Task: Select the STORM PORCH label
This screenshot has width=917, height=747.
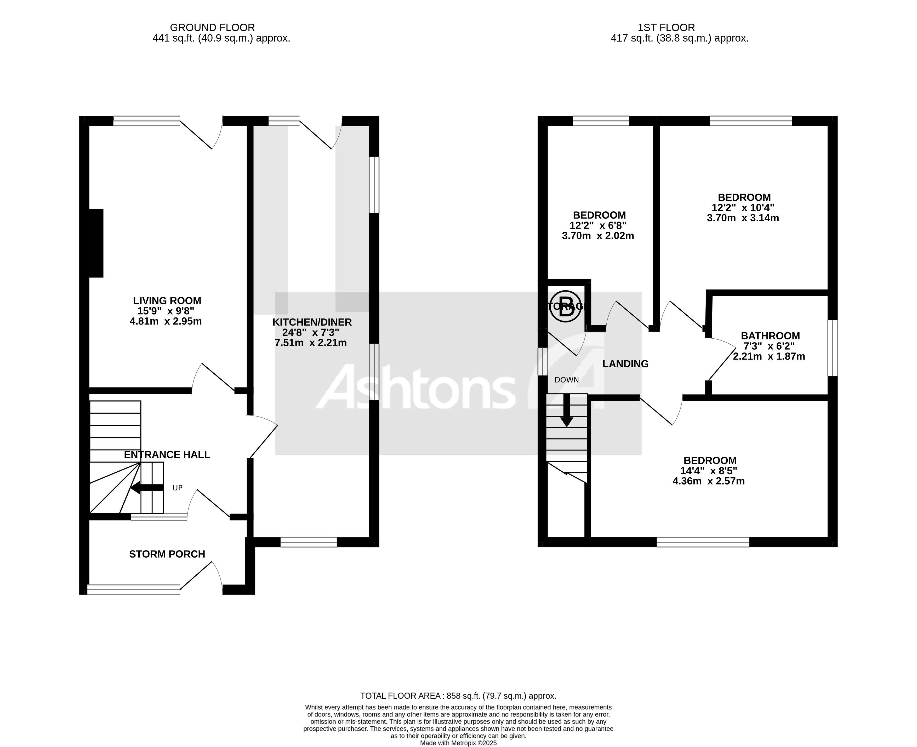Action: pos(167,554)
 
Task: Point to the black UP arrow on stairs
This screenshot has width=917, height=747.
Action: pos(146,488)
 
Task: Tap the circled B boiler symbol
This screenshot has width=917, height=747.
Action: pos(565,306)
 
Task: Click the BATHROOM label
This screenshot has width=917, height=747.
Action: pos(770,336)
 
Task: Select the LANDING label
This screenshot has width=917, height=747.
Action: pos(625,364)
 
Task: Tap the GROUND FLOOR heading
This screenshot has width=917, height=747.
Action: pos(212,27)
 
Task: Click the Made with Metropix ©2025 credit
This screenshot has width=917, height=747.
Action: pos(458,743)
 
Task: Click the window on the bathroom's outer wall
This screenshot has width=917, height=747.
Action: pos(833,348)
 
